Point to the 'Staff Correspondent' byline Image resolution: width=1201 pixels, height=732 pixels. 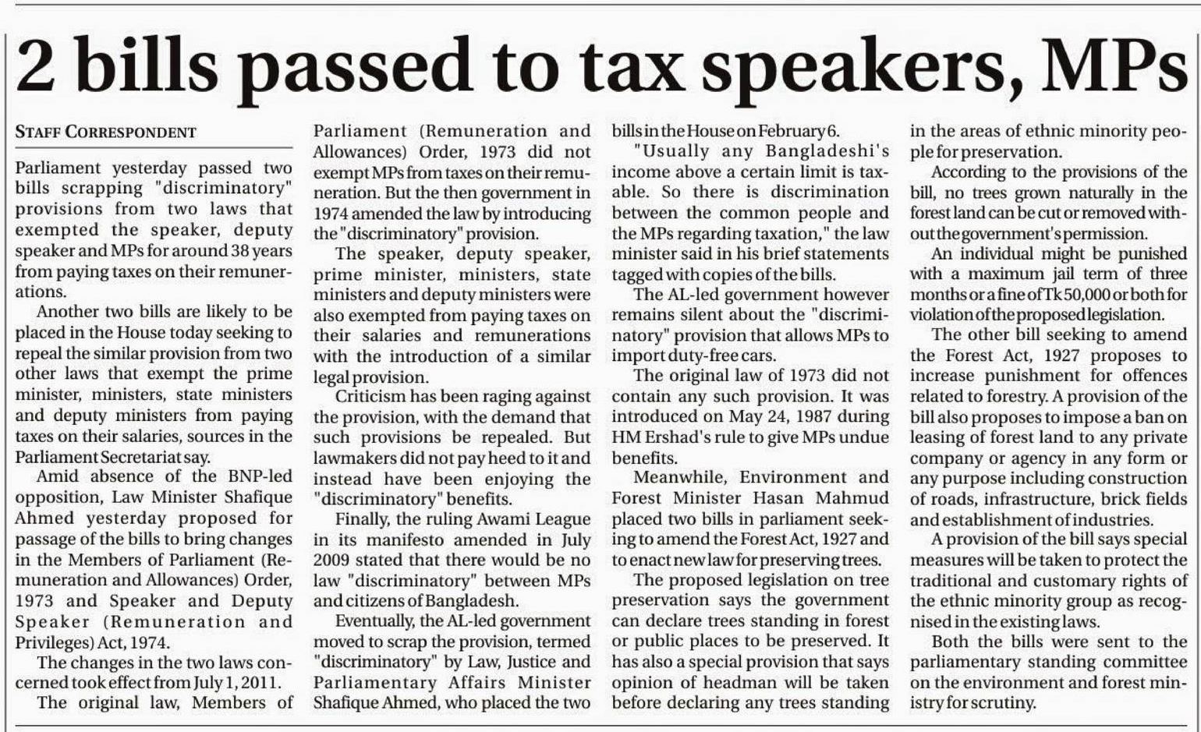tap(105, 133)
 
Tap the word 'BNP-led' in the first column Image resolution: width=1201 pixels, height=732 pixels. tap(258, 476)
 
